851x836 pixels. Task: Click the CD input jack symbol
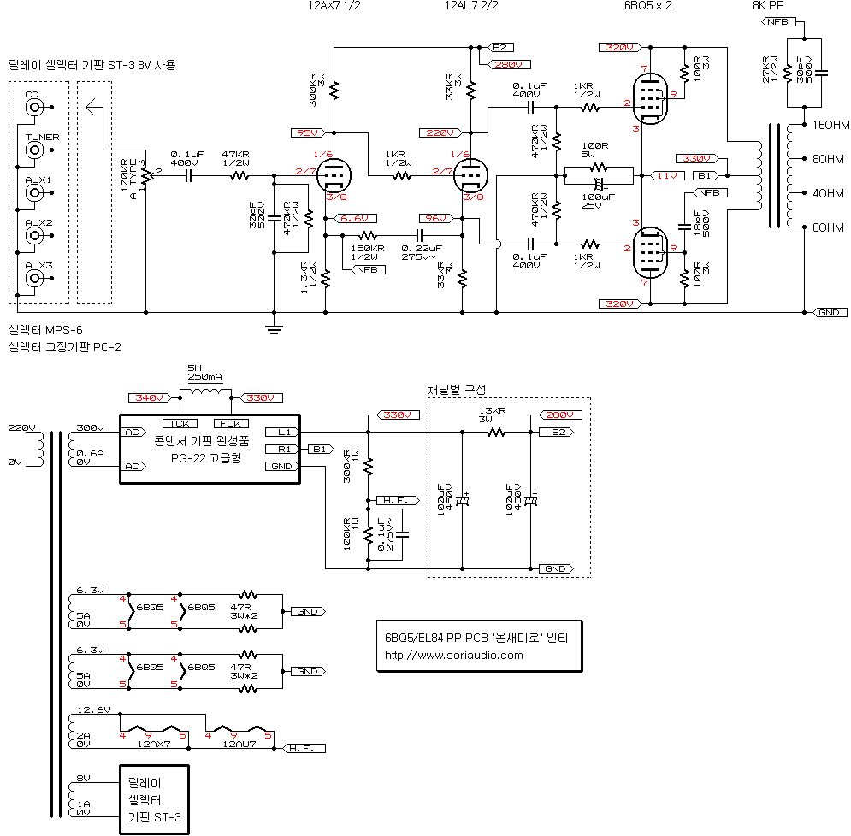34,108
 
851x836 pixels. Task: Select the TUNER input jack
34,150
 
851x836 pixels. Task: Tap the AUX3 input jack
34,279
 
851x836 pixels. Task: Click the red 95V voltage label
305,132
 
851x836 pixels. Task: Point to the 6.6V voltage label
353,219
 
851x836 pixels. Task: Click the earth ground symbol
274,328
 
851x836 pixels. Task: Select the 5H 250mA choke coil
204,393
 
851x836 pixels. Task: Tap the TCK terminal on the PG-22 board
179,423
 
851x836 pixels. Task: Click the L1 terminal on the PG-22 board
282,432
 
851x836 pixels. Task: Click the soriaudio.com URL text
454,656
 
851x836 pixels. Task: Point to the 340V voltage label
149,398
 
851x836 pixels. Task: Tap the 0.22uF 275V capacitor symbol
419,235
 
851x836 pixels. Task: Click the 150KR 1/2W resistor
367,235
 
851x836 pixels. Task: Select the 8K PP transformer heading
768,5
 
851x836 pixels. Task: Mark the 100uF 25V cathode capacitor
598,184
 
